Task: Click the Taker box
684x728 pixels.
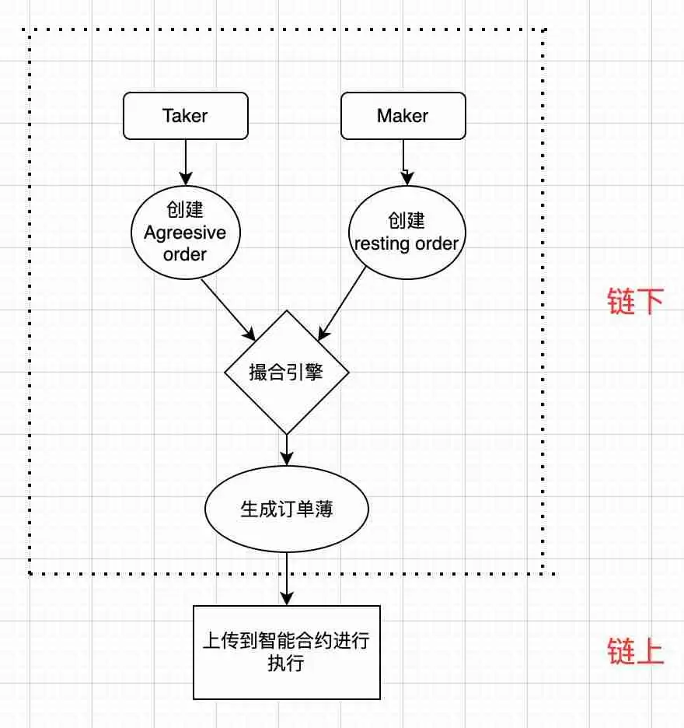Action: coord(186,116)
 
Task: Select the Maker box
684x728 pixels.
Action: coord(403,116)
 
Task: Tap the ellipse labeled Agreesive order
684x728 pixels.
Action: coord(185,233)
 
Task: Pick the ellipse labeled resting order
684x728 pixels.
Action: coord(406,233)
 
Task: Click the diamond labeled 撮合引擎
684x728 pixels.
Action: coord(286,373)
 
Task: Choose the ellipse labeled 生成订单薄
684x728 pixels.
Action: coord(286,509)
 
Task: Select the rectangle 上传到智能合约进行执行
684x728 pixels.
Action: coord(286,652)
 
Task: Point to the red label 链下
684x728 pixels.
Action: coord(636,302)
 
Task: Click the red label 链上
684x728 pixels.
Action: coord(636,652)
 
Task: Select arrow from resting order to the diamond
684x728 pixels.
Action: coord(342,303)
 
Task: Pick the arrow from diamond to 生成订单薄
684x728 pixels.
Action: coord(287,450)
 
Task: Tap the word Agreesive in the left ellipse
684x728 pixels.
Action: coord(185,233)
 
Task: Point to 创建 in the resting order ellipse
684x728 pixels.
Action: coord(406,221)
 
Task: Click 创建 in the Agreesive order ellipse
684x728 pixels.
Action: coord(185,210)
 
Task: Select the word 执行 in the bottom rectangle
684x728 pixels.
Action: coord(285,663)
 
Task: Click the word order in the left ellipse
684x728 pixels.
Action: coord(185,254)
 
